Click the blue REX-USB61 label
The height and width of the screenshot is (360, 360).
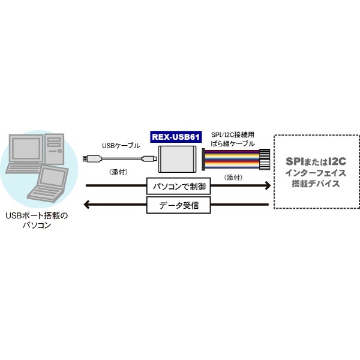176,137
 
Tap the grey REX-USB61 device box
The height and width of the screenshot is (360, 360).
177,159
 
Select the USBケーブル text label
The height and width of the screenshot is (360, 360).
121,146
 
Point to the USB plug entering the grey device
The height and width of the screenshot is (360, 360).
149,158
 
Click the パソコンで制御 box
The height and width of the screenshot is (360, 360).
179,186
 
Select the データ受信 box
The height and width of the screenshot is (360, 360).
179,205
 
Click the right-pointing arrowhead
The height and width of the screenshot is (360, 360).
268,185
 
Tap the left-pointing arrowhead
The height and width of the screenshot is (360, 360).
87,205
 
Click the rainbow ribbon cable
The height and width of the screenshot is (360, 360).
236,160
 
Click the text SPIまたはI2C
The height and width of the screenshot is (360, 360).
316,161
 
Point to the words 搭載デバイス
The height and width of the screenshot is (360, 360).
316,184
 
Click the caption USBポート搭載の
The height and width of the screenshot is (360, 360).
37,216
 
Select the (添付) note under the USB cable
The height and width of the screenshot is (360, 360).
119,172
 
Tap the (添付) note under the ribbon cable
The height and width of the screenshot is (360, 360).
233,178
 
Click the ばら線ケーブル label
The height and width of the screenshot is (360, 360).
233,144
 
